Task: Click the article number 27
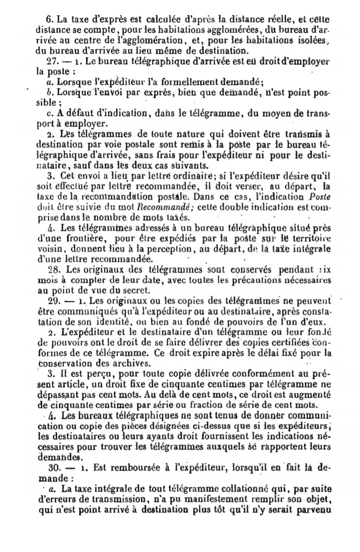(50, 61)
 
